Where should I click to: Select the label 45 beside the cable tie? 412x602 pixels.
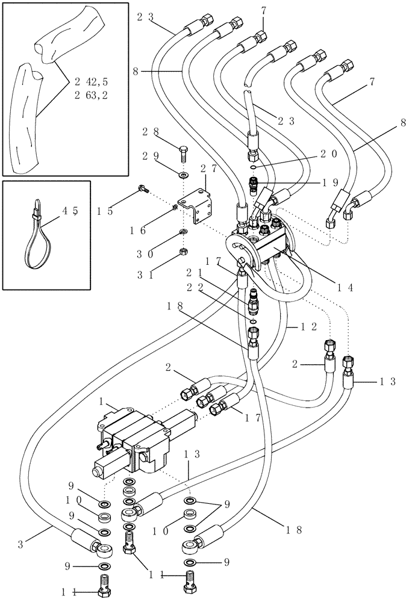click(71, 211)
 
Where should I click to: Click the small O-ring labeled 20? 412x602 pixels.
click(255, 167)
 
